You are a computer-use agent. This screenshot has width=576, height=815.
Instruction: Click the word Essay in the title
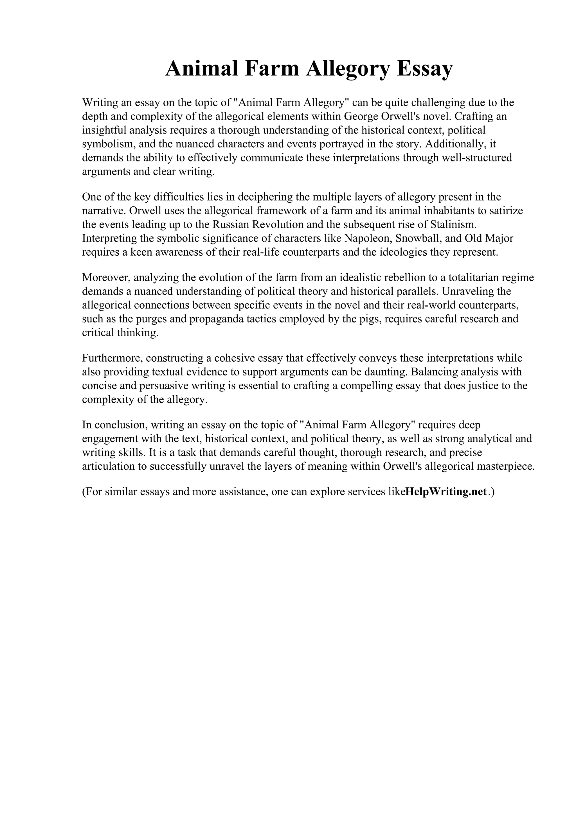[424, 69]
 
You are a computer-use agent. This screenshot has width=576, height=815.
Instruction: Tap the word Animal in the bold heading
[202, 69]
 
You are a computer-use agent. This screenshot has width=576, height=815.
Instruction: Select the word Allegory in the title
[348, 69]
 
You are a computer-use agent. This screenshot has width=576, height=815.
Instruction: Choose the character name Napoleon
[366, 238]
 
